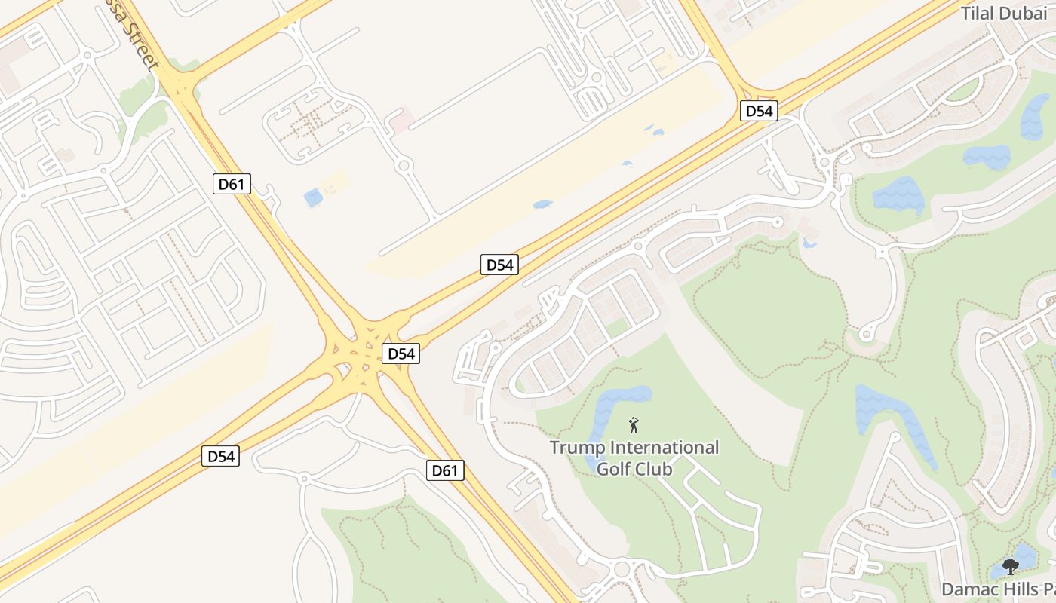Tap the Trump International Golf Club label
634,458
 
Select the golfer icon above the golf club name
634,426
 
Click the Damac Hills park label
998,588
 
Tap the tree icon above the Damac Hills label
1011,566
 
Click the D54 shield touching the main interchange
400,354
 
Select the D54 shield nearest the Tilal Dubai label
758,111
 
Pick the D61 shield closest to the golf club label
444,471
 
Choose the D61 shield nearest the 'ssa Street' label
231,183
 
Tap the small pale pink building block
401,118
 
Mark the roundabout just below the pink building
404,164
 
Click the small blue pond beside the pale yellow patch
313,198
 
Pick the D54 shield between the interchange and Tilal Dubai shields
499,265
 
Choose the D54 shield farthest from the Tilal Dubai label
220,456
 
